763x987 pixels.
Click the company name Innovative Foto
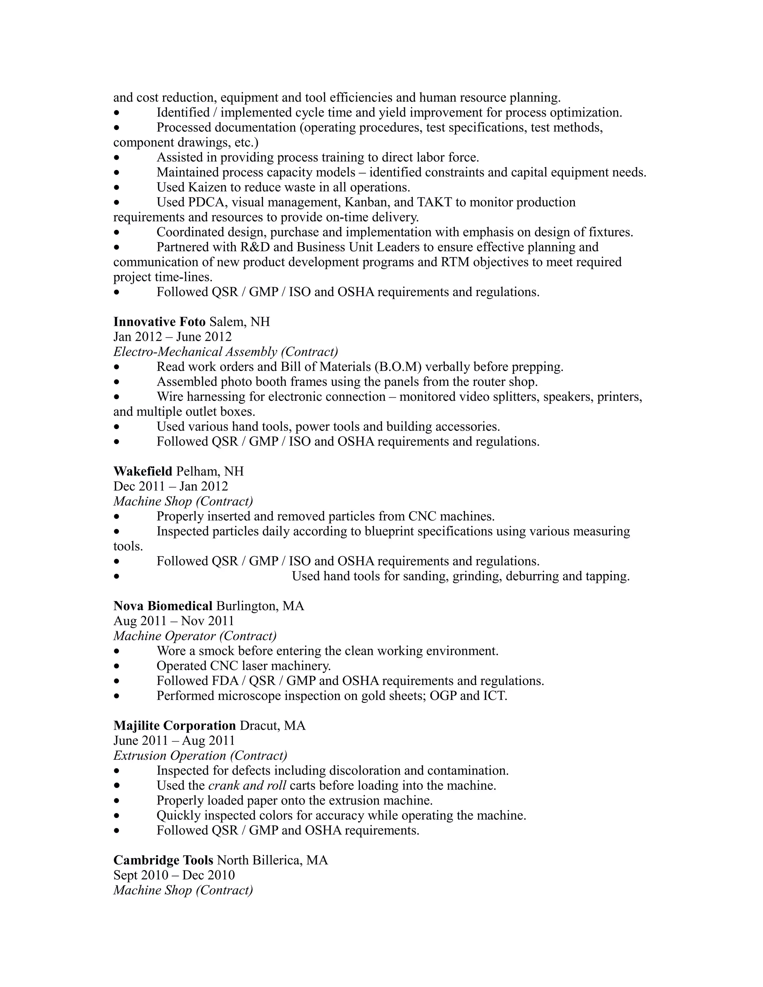click(159, 322)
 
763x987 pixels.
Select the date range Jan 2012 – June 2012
click(172, 337)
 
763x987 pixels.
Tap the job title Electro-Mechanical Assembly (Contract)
click(225, 352)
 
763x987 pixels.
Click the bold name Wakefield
click(143, 472)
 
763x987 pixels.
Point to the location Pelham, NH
click(210, 472)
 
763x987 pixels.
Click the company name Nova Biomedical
click(163, 606)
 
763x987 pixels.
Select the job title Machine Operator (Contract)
click(195, 636)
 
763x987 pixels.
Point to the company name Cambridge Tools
click(163, 860)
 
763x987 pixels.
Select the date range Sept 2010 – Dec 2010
click(174, 875)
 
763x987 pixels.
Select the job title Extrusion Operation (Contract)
click(200, 756)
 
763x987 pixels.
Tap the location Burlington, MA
click(260, 606)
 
